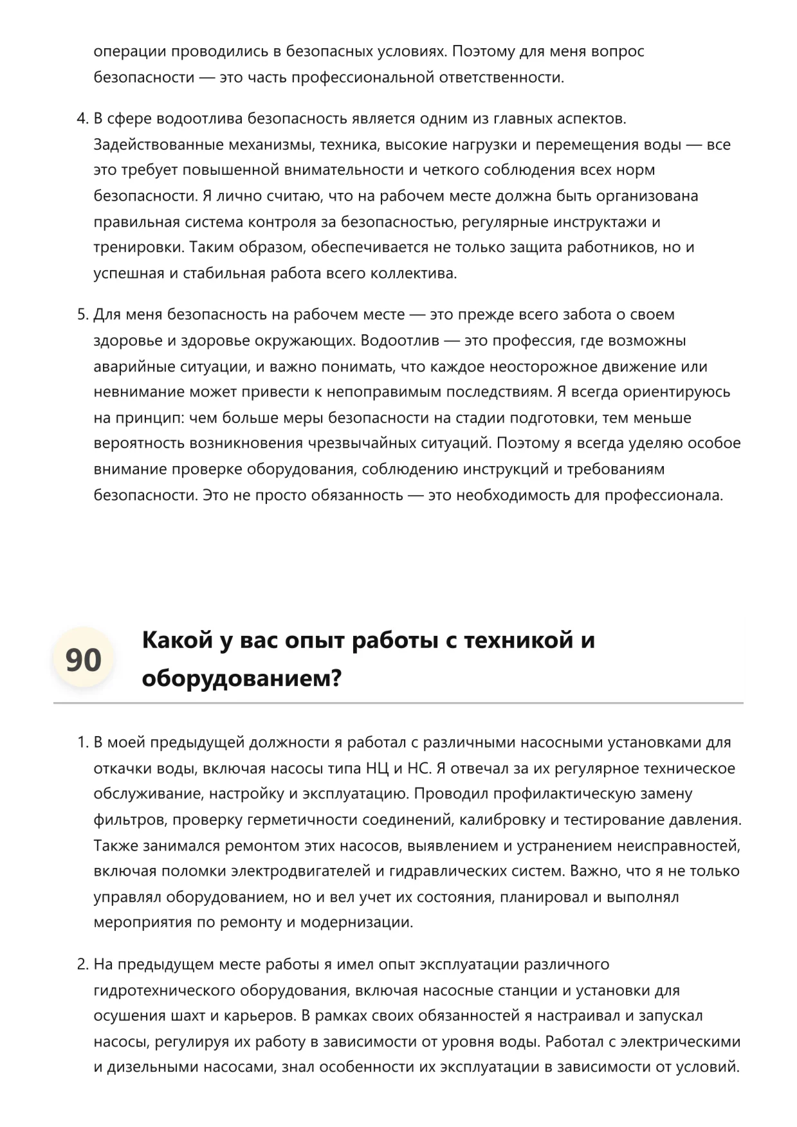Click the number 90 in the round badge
[84, 660]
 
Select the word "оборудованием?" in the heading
[241, 678]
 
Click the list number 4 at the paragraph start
[82, 119]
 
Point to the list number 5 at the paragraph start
[82, 315]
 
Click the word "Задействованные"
[154, 145]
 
